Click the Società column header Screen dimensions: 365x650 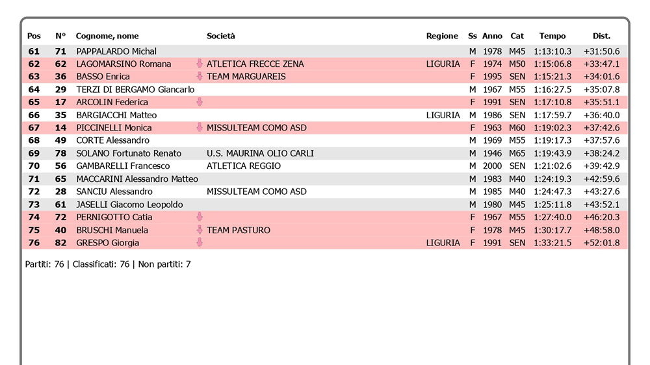click(221, 36)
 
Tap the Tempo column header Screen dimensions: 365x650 click(552, 36)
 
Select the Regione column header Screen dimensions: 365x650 click(442, 36)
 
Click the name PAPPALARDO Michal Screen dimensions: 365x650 click(116, 51)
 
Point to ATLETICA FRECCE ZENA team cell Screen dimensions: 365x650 click(255, 64)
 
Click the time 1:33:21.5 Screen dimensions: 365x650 click(552, 243)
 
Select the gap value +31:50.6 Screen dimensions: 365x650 click(601, 51)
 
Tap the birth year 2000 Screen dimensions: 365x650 click(493, 166)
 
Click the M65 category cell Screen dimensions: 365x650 click(517, 153)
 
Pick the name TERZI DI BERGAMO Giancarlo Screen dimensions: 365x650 click(135, 90)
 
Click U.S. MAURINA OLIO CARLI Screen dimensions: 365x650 click(260, 153)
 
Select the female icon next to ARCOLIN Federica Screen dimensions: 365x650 click(200, 102)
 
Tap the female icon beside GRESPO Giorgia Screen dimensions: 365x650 click(200, 243)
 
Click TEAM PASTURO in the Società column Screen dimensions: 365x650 click(238, 230)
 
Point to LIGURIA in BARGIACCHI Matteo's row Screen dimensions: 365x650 click(443, 115)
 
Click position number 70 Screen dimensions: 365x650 click(34, 166)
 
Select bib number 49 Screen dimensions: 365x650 click(60, 140)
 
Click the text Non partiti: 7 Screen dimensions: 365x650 click(163, 264)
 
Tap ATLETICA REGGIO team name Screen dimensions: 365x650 click(244, 166)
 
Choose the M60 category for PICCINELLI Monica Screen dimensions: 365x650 click(517, 128)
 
